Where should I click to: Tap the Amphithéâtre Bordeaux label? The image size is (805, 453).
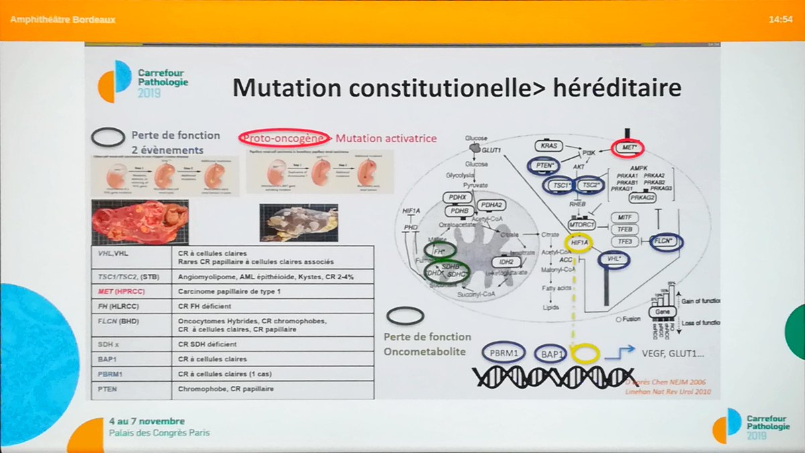63,19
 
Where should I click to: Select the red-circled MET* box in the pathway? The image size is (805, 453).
628,146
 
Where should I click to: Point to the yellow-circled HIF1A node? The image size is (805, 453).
578,243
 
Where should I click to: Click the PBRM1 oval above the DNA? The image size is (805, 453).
503,352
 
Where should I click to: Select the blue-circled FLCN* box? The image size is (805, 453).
666,242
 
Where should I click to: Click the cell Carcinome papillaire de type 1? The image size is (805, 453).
231,293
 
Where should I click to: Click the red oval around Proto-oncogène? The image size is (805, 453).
283,138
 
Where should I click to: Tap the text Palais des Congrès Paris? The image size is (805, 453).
159,433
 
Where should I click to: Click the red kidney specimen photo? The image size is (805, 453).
141,222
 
